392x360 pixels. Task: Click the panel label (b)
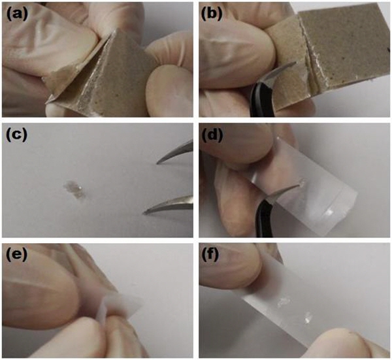[212, 14]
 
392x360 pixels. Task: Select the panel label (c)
[16, 135]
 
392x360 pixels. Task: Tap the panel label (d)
[212, 135]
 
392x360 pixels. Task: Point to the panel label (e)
[16, 255]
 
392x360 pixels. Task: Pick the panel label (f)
[210, 255]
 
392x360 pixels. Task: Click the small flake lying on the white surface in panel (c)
[74, 189]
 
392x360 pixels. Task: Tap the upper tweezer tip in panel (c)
[157, 163]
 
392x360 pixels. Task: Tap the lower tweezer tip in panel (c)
[144, 213]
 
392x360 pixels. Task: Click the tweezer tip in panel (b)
[295, 63]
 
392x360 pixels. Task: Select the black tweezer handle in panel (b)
[260, 100]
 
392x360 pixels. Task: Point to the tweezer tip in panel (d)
[299, 186]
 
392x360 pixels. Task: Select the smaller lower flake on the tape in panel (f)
[308, 318]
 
